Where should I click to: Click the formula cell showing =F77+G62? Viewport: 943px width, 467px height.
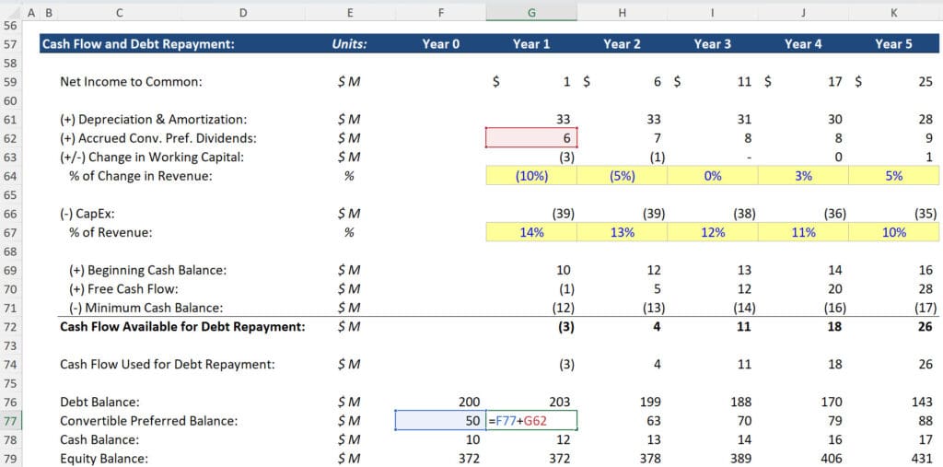[531, 421]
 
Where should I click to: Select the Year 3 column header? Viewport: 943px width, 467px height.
[713, 43]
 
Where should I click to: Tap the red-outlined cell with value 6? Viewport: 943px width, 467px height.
[531, 138]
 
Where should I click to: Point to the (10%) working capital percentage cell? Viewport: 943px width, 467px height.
[531, 176]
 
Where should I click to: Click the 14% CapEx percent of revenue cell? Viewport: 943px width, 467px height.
[531, 233]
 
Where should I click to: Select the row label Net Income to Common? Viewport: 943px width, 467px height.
[131, 82]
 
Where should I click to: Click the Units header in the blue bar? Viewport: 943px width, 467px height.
[349, 43]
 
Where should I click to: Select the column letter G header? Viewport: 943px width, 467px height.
[531, 13]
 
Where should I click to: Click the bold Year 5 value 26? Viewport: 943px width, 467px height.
[925, 327]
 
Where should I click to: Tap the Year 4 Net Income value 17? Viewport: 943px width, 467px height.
[834, 82]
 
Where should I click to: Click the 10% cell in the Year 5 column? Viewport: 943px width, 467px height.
[894, 233]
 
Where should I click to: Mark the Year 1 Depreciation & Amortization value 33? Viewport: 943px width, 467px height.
[564, 119]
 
